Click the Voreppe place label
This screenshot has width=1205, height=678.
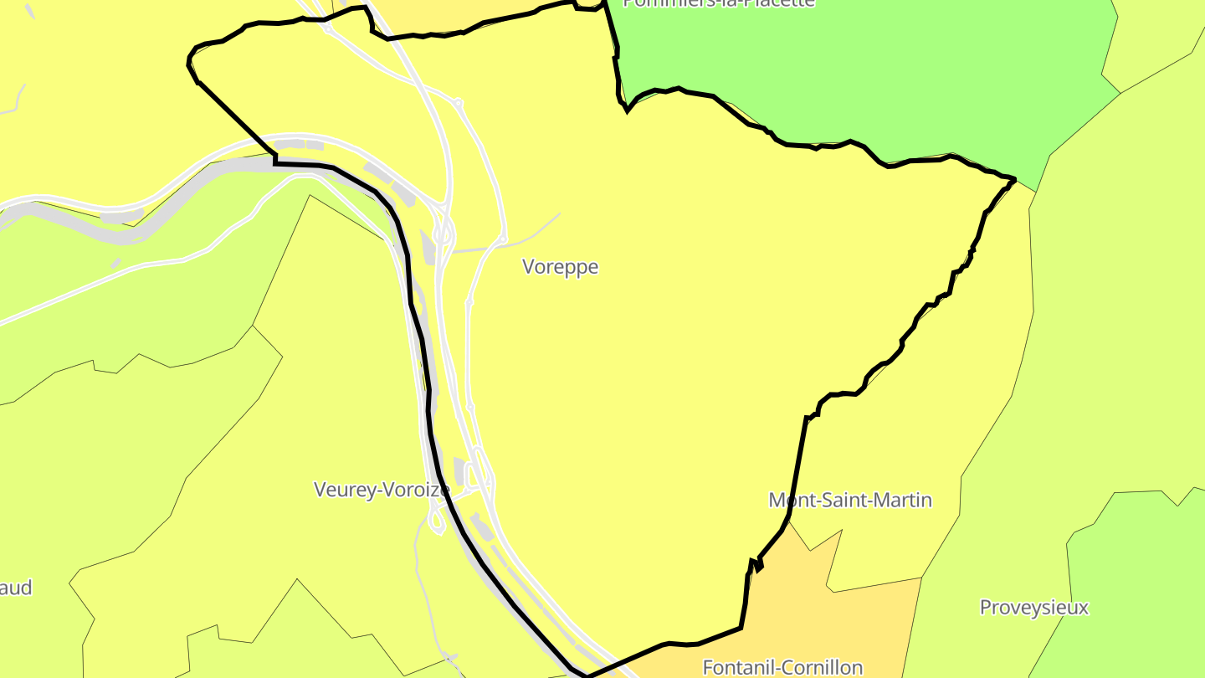pos(560,267)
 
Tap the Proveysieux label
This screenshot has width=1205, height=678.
pos(1034,608)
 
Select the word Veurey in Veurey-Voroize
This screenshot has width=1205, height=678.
pos(341,490)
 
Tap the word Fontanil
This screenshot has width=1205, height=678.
pos(736,668)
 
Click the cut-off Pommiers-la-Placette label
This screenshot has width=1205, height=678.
pos(719,3)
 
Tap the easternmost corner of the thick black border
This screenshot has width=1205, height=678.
pos(1015,179)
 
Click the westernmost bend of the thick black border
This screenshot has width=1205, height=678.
pos(188,61)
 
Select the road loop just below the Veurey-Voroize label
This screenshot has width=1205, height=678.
pos(435,521)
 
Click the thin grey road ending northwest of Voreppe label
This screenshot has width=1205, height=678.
pos(558,214)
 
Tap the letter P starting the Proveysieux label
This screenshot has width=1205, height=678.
pos(986,608)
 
